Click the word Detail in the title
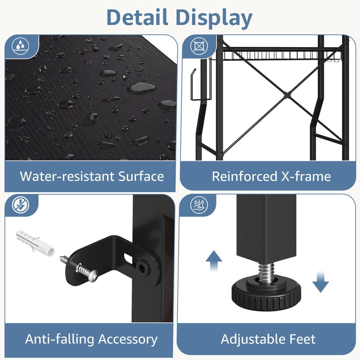click(137, 18)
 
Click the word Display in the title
click(214, 19)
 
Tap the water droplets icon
click(20, 46)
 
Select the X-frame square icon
click(199, 46)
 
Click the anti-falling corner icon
click(21, 205)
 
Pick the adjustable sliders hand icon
click(199, 205)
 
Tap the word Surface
click(141, 176)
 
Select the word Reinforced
click(244, 176)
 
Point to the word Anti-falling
click(60, 339)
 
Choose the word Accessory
click(128, 340)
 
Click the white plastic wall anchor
click(35, 242)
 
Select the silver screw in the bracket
click(87, 272)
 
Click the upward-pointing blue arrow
click(214, 260)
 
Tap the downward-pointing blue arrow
click(320, 282)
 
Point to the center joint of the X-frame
click(286, 94)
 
